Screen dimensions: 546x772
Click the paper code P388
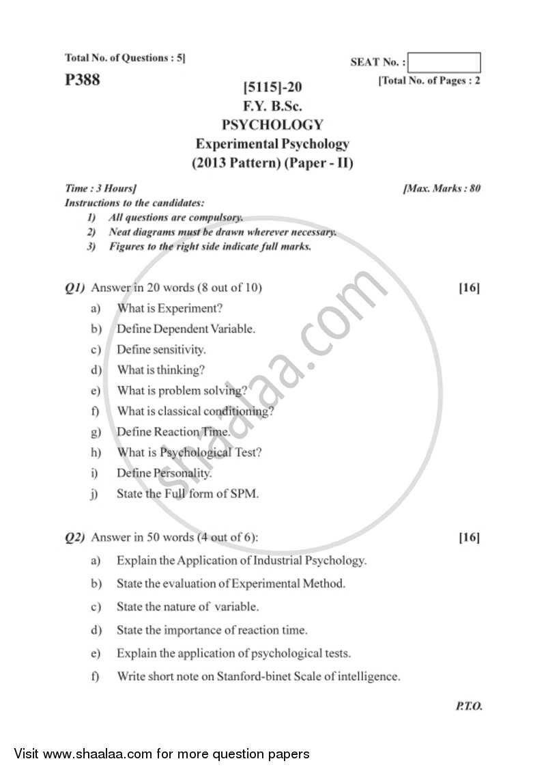82,80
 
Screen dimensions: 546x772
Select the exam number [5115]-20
272,87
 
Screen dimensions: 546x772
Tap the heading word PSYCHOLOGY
272,125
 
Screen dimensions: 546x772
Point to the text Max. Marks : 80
442,188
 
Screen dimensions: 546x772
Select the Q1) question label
75,288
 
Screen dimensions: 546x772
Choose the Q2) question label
75,538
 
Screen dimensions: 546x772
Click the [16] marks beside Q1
469,288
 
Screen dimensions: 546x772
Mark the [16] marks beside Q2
469,538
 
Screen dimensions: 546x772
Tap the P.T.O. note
468,706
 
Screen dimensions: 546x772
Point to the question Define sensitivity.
161,350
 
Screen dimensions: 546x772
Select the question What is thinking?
161,370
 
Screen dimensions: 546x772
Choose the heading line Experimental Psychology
272,144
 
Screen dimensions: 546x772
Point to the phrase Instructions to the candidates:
134,203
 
